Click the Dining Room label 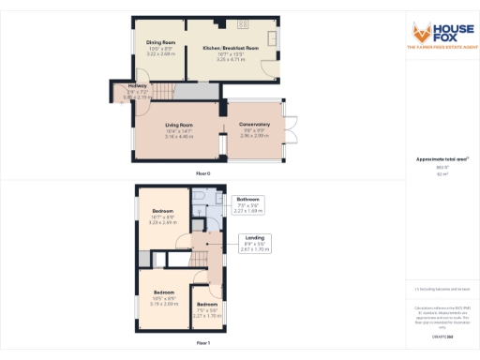click(x=161, y=43)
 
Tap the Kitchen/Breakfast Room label click(x=230, y=48)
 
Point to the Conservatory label click(x=254, y=126)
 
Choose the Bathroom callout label click(x=247, y=200)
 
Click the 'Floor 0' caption click(x=202, y=174)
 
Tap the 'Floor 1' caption click(x=202, y=344)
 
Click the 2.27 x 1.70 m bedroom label click(x=208, y=311)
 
